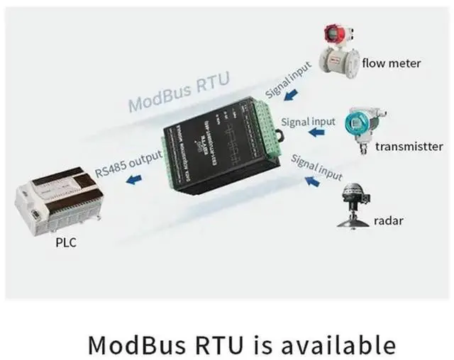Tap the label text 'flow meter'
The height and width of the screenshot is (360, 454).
(x=392, y=63)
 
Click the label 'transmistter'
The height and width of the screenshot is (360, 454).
(x=409, y=147)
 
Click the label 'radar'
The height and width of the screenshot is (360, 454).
(x=388, y=220)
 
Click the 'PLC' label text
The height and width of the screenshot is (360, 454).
(x=66, y=243)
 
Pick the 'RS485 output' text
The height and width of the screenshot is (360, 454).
(x=129, y=163)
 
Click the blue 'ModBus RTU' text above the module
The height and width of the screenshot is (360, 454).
(x=179, y=93)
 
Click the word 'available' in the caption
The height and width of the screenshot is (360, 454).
(x=338, y=344)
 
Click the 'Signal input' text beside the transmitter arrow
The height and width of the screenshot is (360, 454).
(x=308, y=122)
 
